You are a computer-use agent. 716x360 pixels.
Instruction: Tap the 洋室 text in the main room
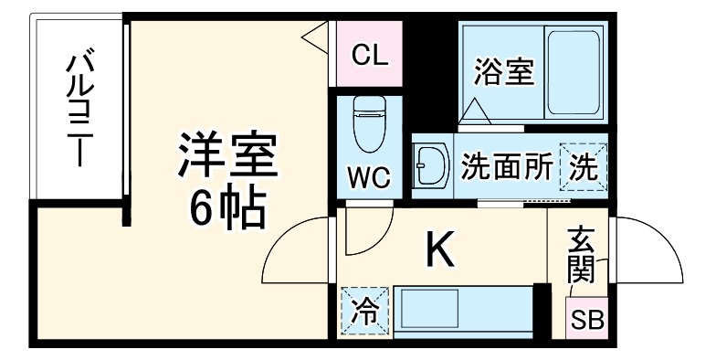click(x=226, y=156)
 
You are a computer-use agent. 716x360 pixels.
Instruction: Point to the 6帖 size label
click(x=226, y=208)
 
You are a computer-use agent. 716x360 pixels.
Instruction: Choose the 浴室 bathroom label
click(x=503, y=71)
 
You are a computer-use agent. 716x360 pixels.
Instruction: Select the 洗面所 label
click(x=506, y=166)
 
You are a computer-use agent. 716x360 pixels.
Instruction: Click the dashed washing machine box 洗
click(x=582, y=166)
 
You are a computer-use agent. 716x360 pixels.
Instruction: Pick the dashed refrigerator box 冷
click(x=363, y=311)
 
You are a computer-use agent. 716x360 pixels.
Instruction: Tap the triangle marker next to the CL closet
click(x=316, y=38)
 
